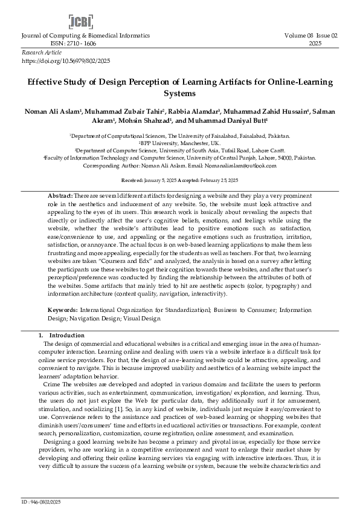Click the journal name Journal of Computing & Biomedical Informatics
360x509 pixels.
[80, 36]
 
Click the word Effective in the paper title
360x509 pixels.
[45, 81]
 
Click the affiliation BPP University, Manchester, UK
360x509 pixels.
[179, 143]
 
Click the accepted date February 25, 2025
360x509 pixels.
[217, 181]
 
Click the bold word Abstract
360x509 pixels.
[60, 196]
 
